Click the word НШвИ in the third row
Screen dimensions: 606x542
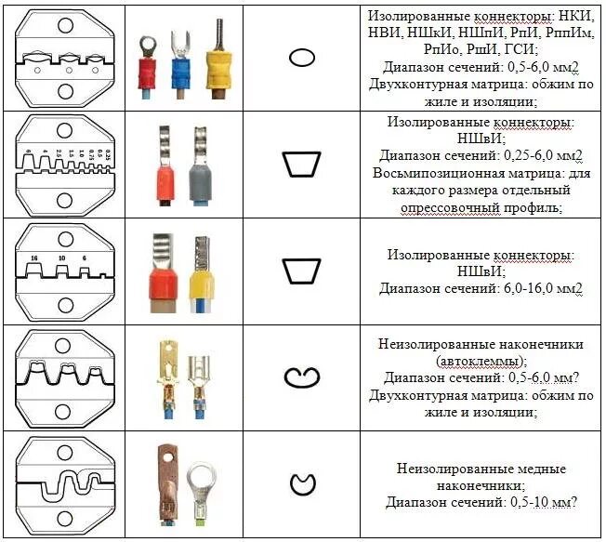pos(479,271)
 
